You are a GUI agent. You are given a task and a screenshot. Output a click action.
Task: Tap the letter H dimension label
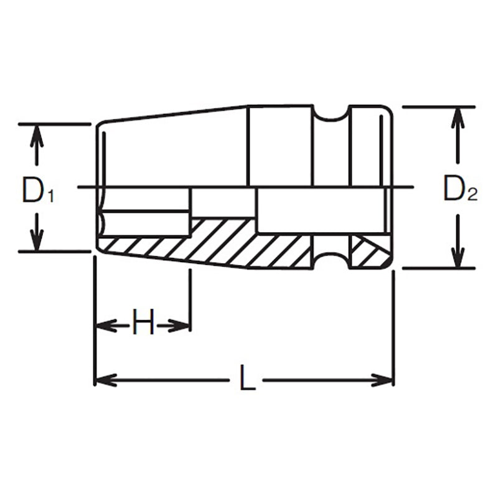143,324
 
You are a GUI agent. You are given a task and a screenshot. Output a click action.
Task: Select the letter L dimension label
247,379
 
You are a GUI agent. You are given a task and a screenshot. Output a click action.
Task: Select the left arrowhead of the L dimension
105,379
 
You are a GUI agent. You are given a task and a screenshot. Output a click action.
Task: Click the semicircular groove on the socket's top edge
330,113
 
